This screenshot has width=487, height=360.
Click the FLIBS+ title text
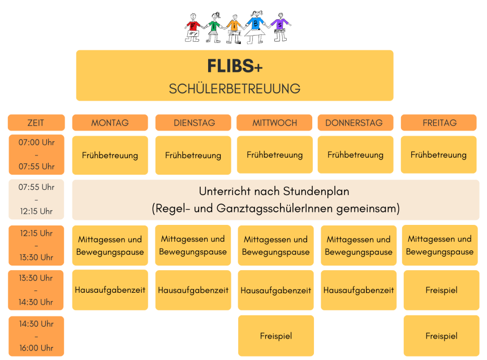point(235,66)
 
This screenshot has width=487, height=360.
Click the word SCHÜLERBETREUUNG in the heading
point(235,89)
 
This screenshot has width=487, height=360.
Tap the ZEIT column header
point(36,123)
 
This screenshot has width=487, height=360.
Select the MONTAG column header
point(110,123)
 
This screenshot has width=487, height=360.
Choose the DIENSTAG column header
point(193,123)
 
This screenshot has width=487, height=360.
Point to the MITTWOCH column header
point(274,123)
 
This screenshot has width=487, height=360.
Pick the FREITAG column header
point(439,123)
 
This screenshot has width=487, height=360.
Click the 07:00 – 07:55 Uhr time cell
point(36,154)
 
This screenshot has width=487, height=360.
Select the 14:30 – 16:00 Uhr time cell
point(36,336)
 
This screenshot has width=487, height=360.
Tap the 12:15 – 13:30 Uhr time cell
point(36,245)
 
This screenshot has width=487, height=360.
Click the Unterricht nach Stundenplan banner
point(275,200)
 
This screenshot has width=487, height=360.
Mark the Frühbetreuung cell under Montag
point(110,155)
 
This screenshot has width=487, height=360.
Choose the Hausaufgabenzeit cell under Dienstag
point(193,290)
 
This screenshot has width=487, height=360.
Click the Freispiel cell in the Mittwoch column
point(276,336)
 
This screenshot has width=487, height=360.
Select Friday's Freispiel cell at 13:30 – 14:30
point(441,290)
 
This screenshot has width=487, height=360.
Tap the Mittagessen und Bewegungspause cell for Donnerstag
point(359,245)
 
